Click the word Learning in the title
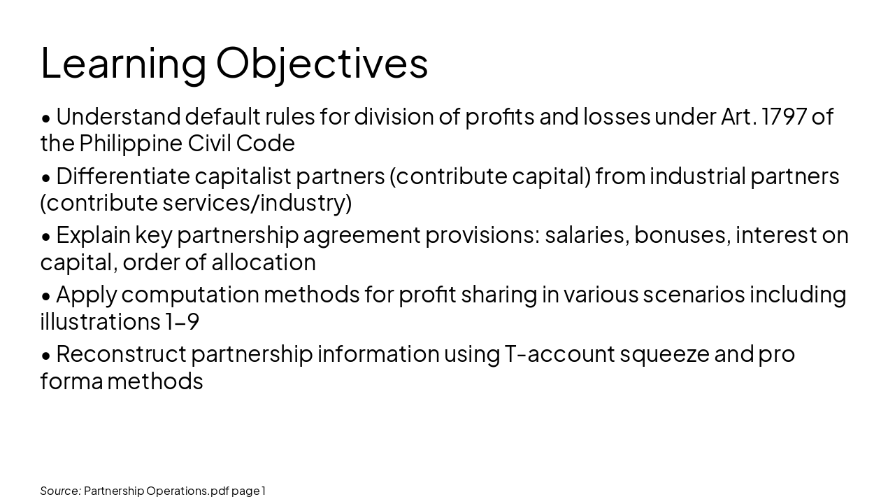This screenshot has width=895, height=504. coord(124,64)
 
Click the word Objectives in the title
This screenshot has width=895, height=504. coord(322,64)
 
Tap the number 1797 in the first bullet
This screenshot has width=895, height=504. coord(784,116)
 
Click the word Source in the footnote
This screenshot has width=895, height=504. coord(60,491)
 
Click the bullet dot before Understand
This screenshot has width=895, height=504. coord(46,118)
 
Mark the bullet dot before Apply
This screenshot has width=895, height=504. coord(46,296)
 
